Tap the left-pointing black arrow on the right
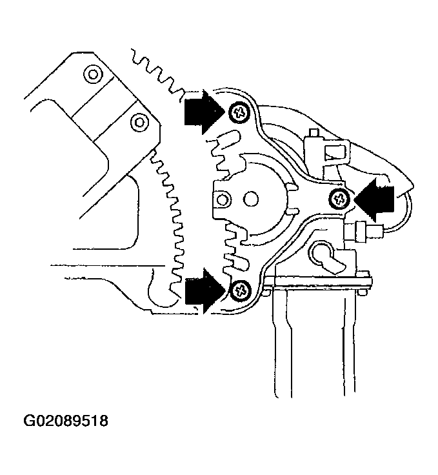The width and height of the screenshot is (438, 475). click(375, 198)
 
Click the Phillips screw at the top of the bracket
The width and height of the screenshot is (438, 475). click(239, 113)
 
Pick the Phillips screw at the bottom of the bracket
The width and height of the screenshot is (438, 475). click(241, 290)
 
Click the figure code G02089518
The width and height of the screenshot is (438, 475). click(66, 421)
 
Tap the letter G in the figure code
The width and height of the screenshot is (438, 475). click(30, 421)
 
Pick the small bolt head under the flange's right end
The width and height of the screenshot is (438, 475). click(359, 294)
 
